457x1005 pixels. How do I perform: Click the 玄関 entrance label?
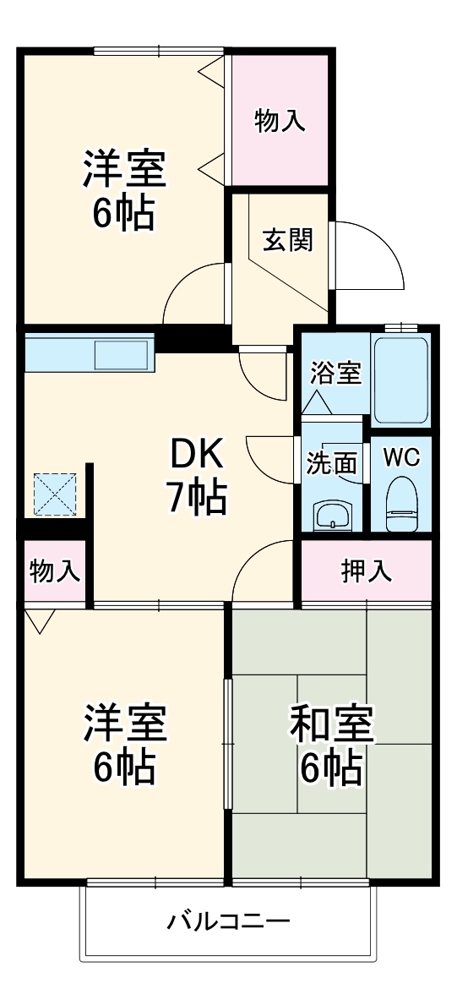click(x=288, y=240)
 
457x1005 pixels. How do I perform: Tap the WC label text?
click(x=401, y=457)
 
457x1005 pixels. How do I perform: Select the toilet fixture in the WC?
click(x=400, y=504)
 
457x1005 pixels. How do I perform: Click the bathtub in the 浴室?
click(x=400, y=380)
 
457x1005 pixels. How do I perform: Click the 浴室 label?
click(x=335, y=372)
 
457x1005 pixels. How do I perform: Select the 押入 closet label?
click(x=367, y=572)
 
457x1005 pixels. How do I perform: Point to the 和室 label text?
click(x=331, y=724)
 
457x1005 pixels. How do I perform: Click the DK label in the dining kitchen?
click(x=196, y=456)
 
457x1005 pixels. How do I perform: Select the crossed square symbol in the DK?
click(x=55, y=494)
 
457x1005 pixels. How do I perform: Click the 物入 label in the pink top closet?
click(x=280, y=122)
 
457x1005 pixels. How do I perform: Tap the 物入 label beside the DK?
click(x=55, y=572)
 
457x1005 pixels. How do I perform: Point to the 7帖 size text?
click(x=196, y=499)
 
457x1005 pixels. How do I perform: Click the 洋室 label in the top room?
click(x=123, y=169)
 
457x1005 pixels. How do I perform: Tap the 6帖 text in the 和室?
click(x=331, y=767)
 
